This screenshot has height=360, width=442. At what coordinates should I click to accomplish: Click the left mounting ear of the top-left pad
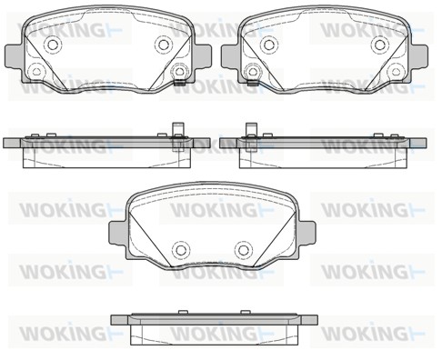(x=14, y=56)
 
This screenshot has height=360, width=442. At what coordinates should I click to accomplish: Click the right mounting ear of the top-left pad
(x=203, y=56)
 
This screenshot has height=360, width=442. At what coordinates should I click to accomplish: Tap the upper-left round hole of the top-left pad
(x=54, y=45)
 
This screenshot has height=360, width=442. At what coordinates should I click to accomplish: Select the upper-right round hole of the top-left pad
(x=164, y=45)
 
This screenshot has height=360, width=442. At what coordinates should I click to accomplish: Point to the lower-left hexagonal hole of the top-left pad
(x=36, y=72)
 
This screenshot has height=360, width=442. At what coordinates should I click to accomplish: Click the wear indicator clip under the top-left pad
(x=180, y=83)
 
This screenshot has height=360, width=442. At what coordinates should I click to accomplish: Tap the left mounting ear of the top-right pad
(x=230, y=56)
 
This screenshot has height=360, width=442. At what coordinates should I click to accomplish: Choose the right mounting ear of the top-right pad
(x=418, y=56)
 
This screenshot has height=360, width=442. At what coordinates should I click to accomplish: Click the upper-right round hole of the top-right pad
(x=379, y=45)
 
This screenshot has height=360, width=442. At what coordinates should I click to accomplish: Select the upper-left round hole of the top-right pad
(x=269, y=45)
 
